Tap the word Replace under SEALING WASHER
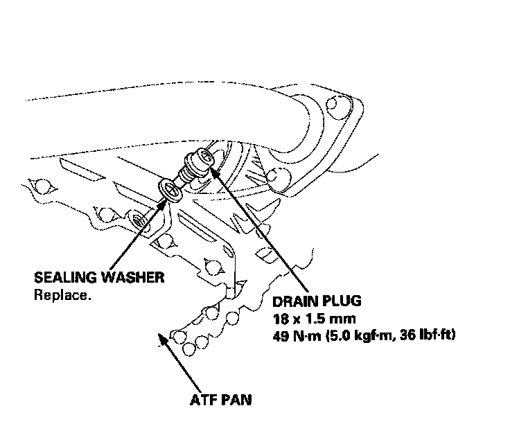pos(62,294)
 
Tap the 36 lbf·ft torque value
pos(434,335)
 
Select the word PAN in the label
pos(238,400)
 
